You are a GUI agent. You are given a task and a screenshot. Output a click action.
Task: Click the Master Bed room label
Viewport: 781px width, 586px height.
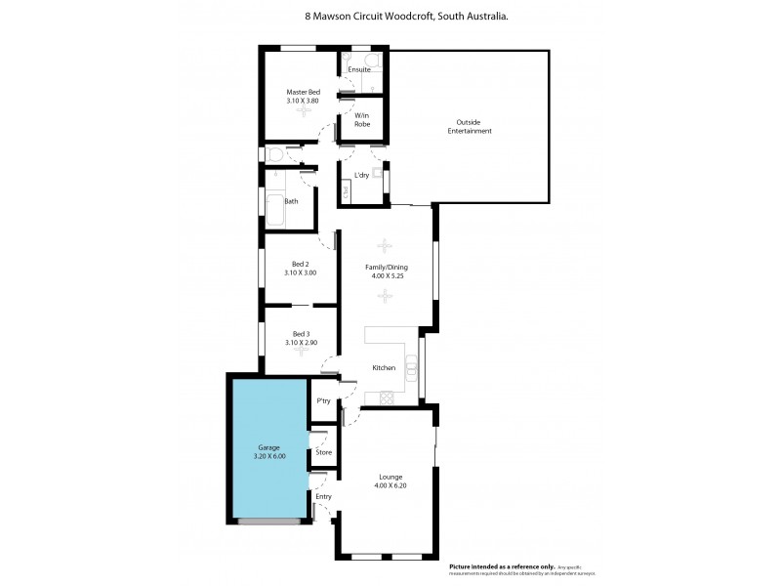[302, 91]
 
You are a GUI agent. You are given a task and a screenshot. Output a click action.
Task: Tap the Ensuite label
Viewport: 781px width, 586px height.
[358, 68]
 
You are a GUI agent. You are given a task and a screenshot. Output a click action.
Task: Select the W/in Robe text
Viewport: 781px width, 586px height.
[360, 121]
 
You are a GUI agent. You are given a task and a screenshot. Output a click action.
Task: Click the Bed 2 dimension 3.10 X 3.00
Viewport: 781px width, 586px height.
[301, 272]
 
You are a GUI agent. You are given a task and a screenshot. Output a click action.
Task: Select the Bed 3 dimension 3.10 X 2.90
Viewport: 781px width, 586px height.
[301, 343]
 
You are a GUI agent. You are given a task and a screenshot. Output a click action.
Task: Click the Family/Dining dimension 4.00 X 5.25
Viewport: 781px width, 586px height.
[387, 275]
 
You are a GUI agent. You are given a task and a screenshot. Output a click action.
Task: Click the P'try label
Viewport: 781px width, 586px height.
[322, 401]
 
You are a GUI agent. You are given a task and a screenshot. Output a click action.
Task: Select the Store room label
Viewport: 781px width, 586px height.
[323, 453]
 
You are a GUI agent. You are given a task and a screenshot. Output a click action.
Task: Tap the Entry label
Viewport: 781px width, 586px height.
[323, 496]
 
